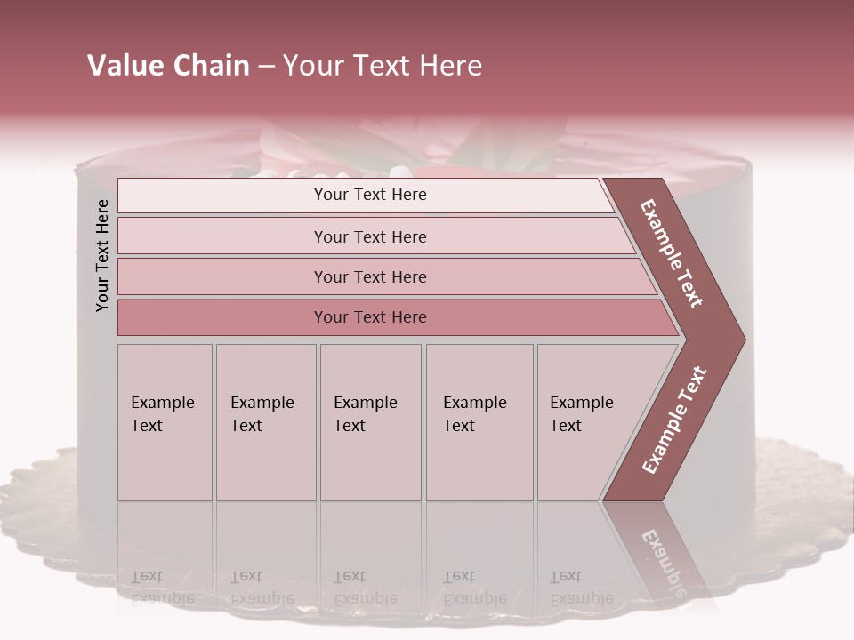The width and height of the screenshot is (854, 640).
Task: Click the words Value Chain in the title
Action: [168, 66]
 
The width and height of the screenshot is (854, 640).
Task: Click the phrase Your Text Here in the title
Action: [383, 66]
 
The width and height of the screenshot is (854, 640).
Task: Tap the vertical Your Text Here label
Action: [102, 255]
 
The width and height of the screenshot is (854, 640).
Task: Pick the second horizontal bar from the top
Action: [369, 236]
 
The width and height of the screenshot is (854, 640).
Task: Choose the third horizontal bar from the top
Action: [369, 276]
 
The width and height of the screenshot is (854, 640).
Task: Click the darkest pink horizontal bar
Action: [369, 317]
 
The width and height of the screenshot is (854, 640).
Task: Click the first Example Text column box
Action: [165, 423]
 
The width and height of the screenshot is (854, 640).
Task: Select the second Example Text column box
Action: [265, 423]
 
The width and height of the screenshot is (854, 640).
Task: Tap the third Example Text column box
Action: [369, 423]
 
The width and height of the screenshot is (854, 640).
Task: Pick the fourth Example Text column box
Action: [479, 423]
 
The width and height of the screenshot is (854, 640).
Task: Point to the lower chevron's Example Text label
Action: [674, 420]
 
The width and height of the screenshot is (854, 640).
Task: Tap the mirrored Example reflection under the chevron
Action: [663, 560]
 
